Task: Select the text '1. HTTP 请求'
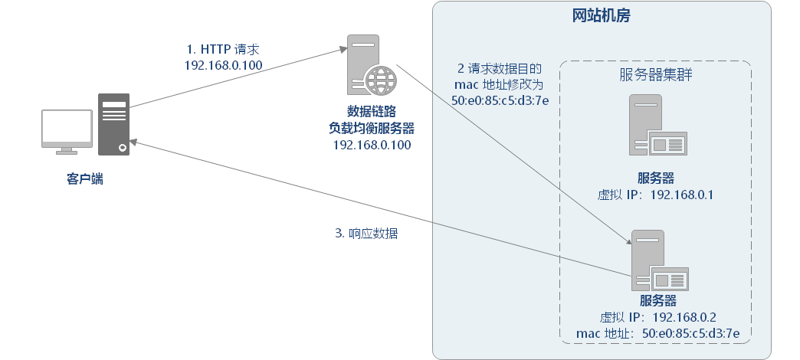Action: pyautogui.click(x=224, y=50)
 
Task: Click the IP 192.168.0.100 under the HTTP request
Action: pyautogui.click(x=224, y=65)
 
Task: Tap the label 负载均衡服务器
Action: pyautogui.click(x=372, y=127)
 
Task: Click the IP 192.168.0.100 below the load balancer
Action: pyautogui.click(x=372, y=144)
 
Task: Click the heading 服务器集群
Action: pyautogui.click(x=656, y=74)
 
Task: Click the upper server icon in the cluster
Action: pyautogui.click(x=656, y=126)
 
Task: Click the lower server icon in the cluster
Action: pyautogui.click(x=656, y=260)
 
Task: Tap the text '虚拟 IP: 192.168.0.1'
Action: pyautogui.click(x=656, y=195)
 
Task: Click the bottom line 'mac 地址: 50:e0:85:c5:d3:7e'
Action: pyautogui.click(x=657, y=333)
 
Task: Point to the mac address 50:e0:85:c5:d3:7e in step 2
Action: pyautogui.click(x=500, y=100)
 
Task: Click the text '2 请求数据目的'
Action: pyautogui.click(x=500, y=68)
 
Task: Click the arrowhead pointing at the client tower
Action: pyautogui.click(x=134, y=142)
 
